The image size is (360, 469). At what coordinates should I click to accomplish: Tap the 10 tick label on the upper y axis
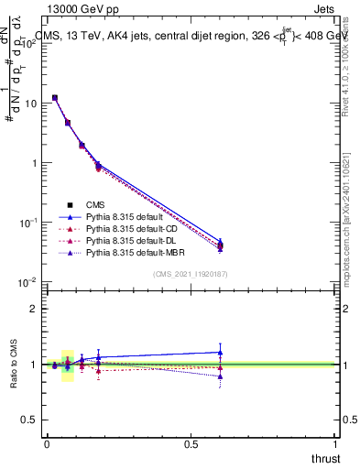coord(30,104)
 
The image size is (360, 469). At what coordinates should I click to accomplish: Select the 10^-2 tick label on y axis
coord(27,282)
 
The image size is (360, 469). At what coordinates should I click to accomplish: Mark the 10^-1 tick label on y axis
coord(27,223)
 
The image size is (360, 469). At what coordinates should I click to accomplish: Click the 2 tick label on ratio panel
coord(34,309)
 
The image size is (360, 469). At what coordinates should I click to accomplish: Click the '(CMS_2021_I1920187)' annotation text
coord(191,274)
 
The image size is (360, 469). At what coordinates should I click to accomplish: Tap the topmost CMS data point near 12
coord(55,97)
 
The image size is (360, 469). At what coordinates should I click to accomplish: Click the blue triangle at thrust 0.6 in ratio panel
coord(220,352)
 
